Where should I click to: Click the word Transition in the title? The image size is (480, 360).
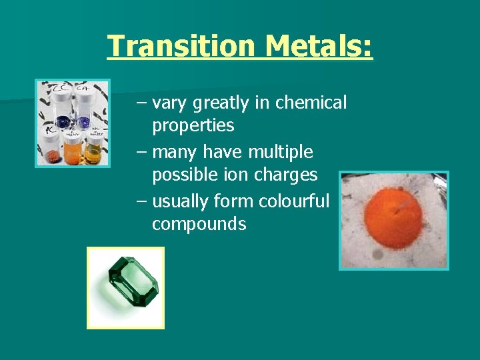(x=181, y=46)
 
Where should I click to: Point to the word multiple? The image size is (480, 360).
(x=280, y=152)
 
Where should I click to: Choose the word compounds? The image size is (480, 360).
(x=199, y=224)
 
